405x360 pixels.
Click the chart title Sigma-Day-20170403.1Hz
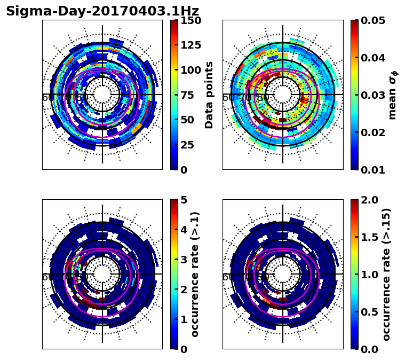coord(102,11)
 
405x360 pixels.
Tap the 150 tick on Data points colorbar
coord(190,21)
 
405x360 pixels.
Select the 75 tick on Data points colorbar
coord(190,95)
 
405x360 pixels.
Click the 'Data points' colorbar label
coord(209,95)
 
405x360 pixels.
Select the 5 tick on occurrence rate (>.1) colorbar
coord(184,200)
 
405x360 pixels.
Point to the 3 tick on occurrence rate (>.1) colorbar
coord(184,260)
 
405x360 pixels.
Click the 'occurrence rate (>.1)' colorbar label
coord(195,275)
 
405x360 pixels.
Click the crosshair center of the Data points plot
coord(102,95)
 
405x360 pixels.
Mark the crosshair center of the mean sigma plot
coord(283,95)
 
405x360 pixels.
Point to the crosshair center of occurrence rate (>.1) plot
coord(102,274)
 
